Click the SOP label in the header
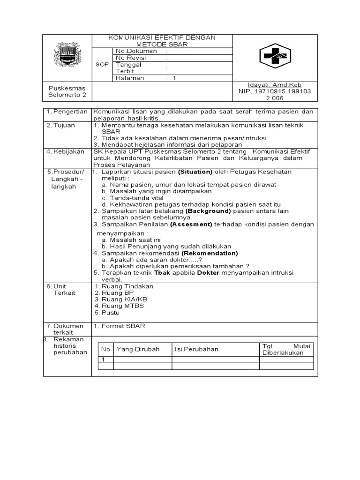(101, 65)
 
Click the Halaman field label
(130, 78)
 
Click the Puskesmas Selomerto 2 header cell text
(67, 91)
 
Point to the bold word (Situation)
(192, 172)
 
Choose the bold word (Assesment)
(191, 224)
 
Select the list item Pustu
(111, 312)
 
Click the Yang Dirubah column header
(138, 349)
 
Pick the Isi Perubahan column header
(196, 349)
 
